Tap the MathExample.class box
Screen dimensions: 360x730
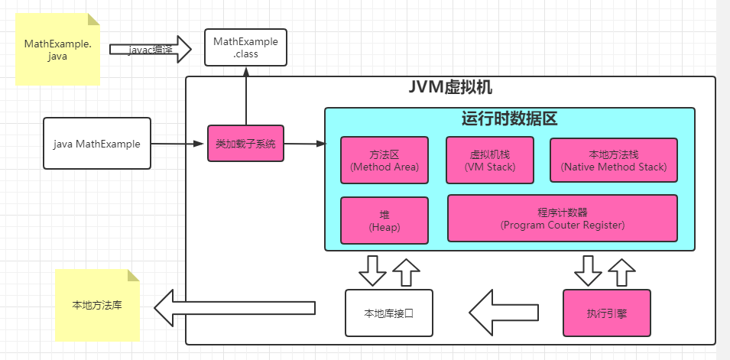[x=245, y=47]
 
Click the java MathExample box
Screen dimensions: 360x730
[x=97, y=143]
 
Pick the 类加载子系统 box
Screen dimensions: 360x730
[x=245, y=143]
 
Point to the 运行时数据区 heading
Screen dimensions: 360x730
[x=509, y=118]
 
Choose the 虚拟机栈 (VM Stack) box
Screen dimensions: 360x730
[x=490, y=160]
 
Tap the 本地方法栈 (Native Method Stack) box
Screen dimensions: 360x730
[x=613, y=160]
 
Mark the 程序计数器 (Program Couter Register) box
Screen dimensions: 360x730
[x=562, y=218]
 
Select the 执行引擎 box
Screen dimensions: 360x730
[x=607, y=313]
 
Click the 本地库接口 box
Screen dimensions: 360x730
[x=388, y=313]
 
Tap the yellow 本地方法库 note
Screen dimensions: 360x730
[x=98, y=306]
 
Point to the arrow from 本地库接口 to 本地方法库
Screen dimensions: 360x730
[x=234, y=308]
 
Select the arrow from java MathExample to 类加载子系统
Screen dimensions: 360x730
[x=179, y=144]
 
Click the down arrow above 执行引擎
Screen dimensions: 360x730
[x=589, y=270]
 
